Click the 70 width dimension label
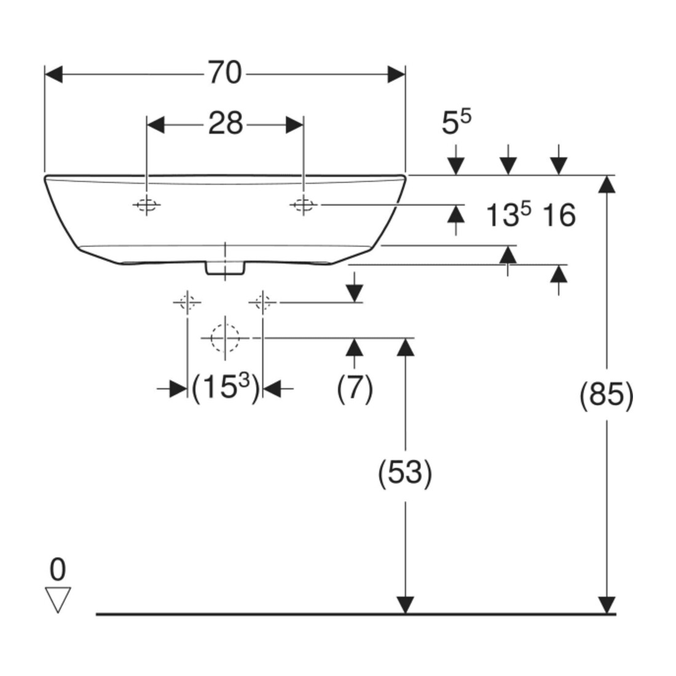pos(225,73)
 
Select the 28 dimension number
pos(226,124)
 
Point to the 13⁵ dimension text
pos(508,214)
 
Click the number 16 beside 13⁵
pos(558,215)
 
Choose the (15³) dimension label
pos(226,388)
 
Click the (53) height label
pos(405,473)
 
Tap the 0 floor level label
pos(58,569)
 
